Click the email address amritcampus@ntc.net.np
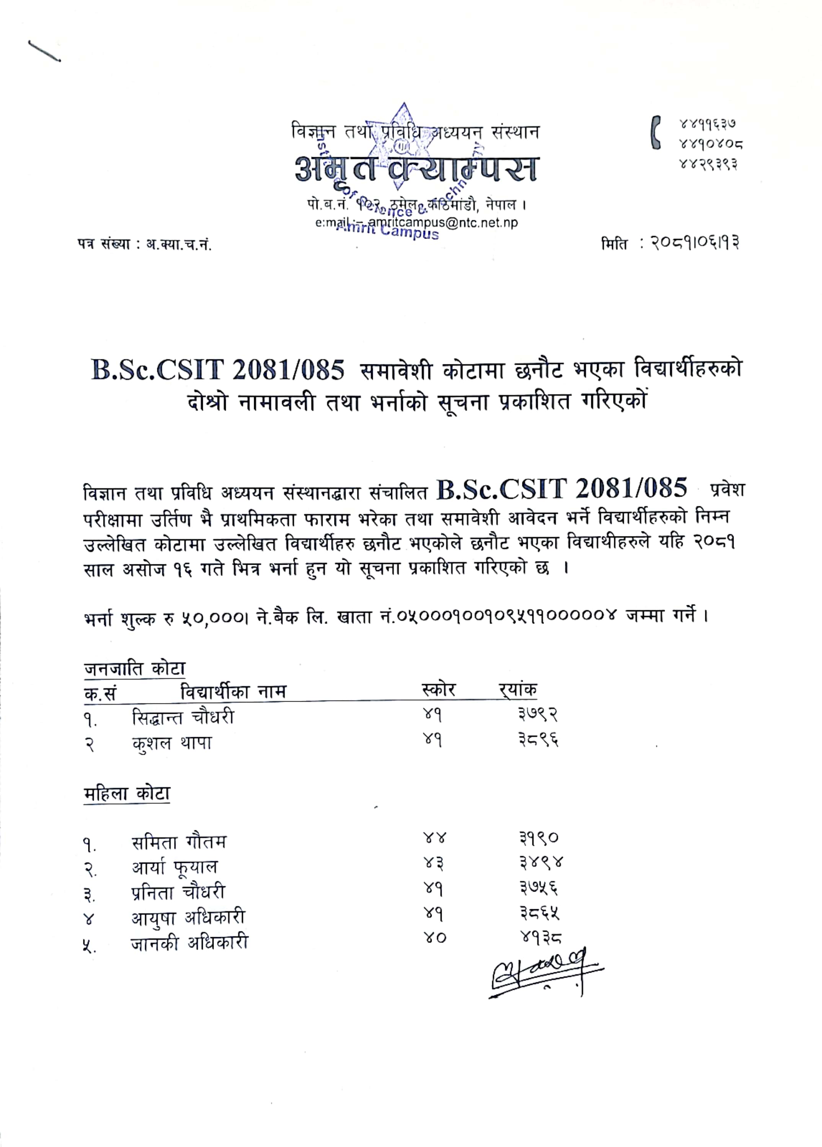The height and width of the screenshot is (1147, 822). (443, 223)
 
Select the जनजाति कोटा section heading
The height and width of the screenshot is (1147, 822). (134, 669)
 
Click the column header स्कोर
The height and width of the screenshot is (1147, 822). (438, 690)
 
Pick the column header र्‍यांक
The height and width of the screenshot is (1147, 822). (517, 690)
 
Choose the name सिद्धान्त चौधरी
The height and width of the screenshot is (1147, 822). (183, 717)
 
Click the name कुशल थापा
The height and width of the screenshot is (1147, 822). (171, 743)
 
